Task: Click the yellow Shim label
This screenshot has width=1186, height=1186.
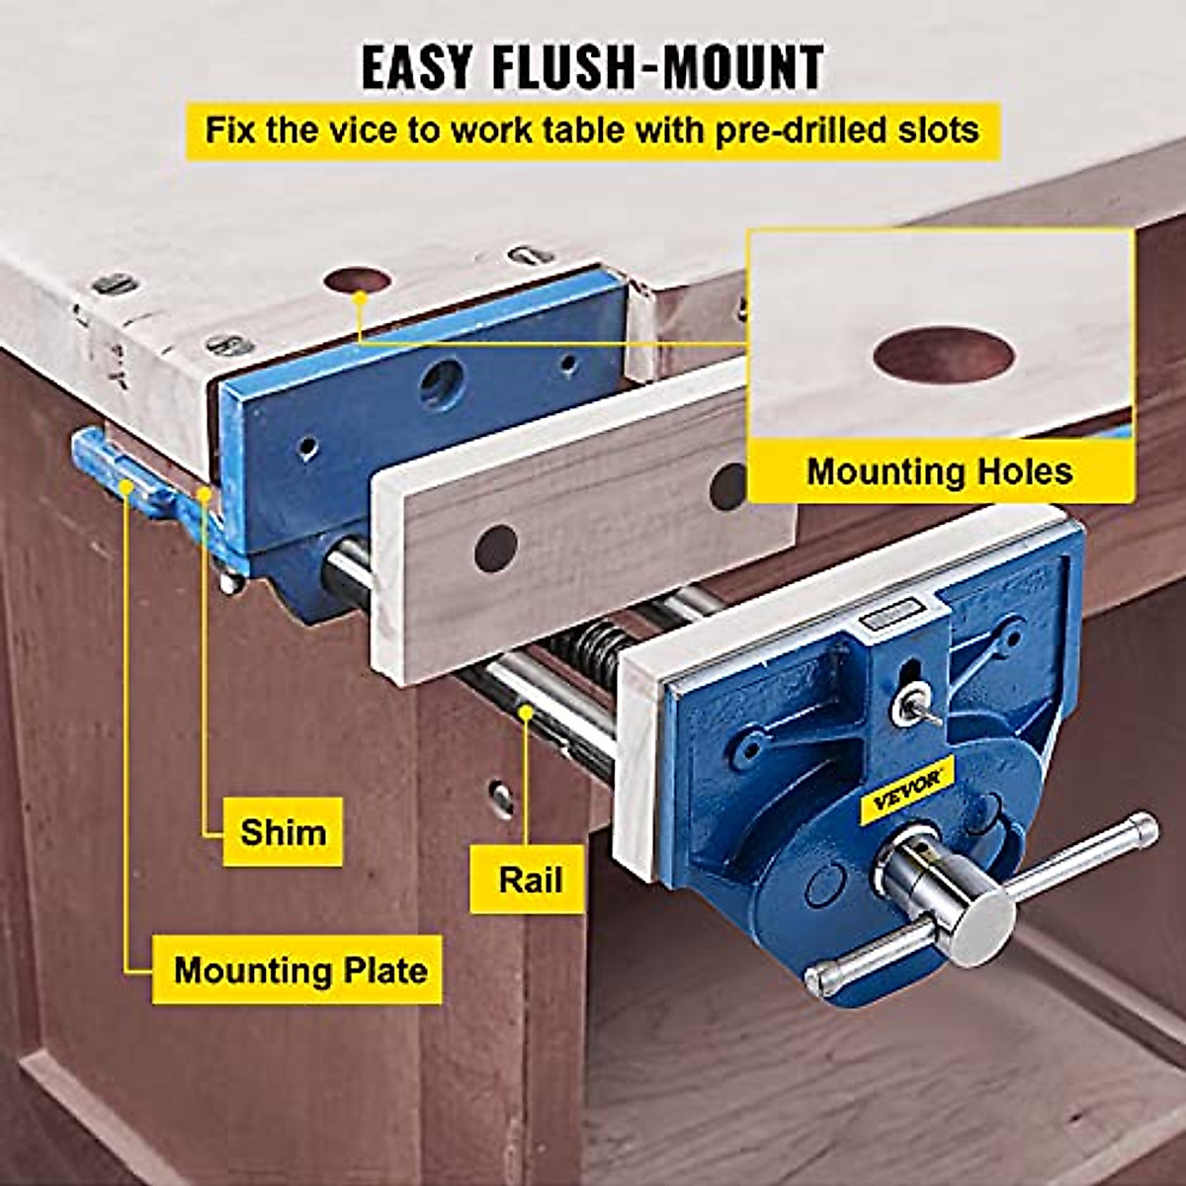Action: (283, 831)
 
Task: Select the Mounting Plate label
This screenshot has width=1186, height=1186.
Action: (299, 970)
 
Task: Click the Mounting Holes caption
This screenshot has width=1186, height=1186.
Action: (939, 470)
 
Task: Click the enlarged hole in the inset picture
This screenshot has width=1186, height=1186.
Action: (943, 354)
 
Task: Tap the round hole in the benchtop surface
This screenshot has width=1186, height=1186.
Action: (357, 280)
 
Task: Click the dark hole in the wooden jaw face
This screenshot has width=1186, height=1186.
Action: (496, 548)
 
